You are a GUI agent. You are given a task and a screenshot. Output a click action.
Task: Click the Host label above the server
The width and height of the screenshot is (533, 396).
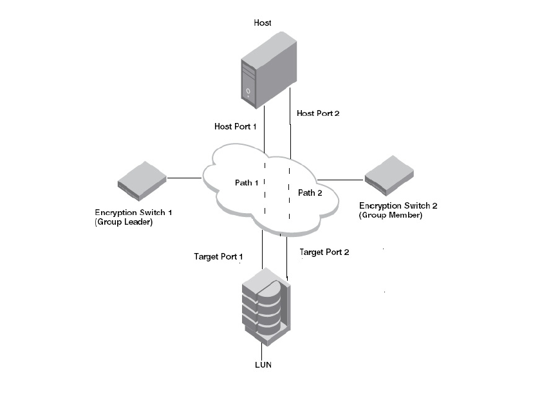tap(263, 23)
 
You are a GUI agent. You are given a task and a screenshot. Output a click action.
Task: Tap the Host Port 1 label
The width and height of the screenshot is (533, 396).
tap(235, 127)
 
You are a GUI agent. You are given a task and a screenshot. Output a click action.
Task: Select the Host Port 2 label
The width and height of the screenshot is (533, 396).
tap(317, 113)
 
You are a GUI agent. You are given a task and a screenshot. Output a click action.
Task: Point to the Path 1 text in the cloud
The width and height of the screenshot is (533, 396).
tap(247, 183)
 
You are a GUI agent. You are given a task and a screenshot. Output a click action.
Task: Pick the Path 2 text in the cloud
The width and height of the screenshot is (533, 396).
tap(310, 193)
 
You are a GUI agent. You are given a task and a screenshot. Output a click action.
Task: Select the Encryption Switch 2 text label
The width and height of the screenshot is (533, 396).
tap(399, 206)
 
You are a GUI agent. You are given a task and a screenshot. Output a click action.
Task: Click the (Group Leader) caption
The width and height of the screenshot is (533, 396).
tap(126, 222)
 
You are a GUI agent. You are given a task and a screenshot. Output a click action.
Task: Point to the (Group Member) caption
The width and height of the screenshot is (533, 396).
tap(391, 216)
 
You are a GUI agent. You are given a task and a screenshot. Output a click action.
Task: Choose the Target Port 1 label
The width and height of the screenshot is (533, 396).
tap(218, 257)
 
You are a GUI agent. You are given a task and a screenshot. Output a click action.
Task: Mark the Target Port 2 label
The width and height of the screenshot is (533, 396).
tap(324, 252)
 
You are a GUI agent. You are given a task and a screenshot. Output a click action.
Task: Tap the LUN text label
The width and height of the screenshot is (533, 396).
tap(263, 366)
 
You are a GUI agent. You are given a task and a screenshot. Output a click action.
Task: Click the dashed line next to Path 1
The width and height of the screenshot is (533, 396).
tap(265, 193)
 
